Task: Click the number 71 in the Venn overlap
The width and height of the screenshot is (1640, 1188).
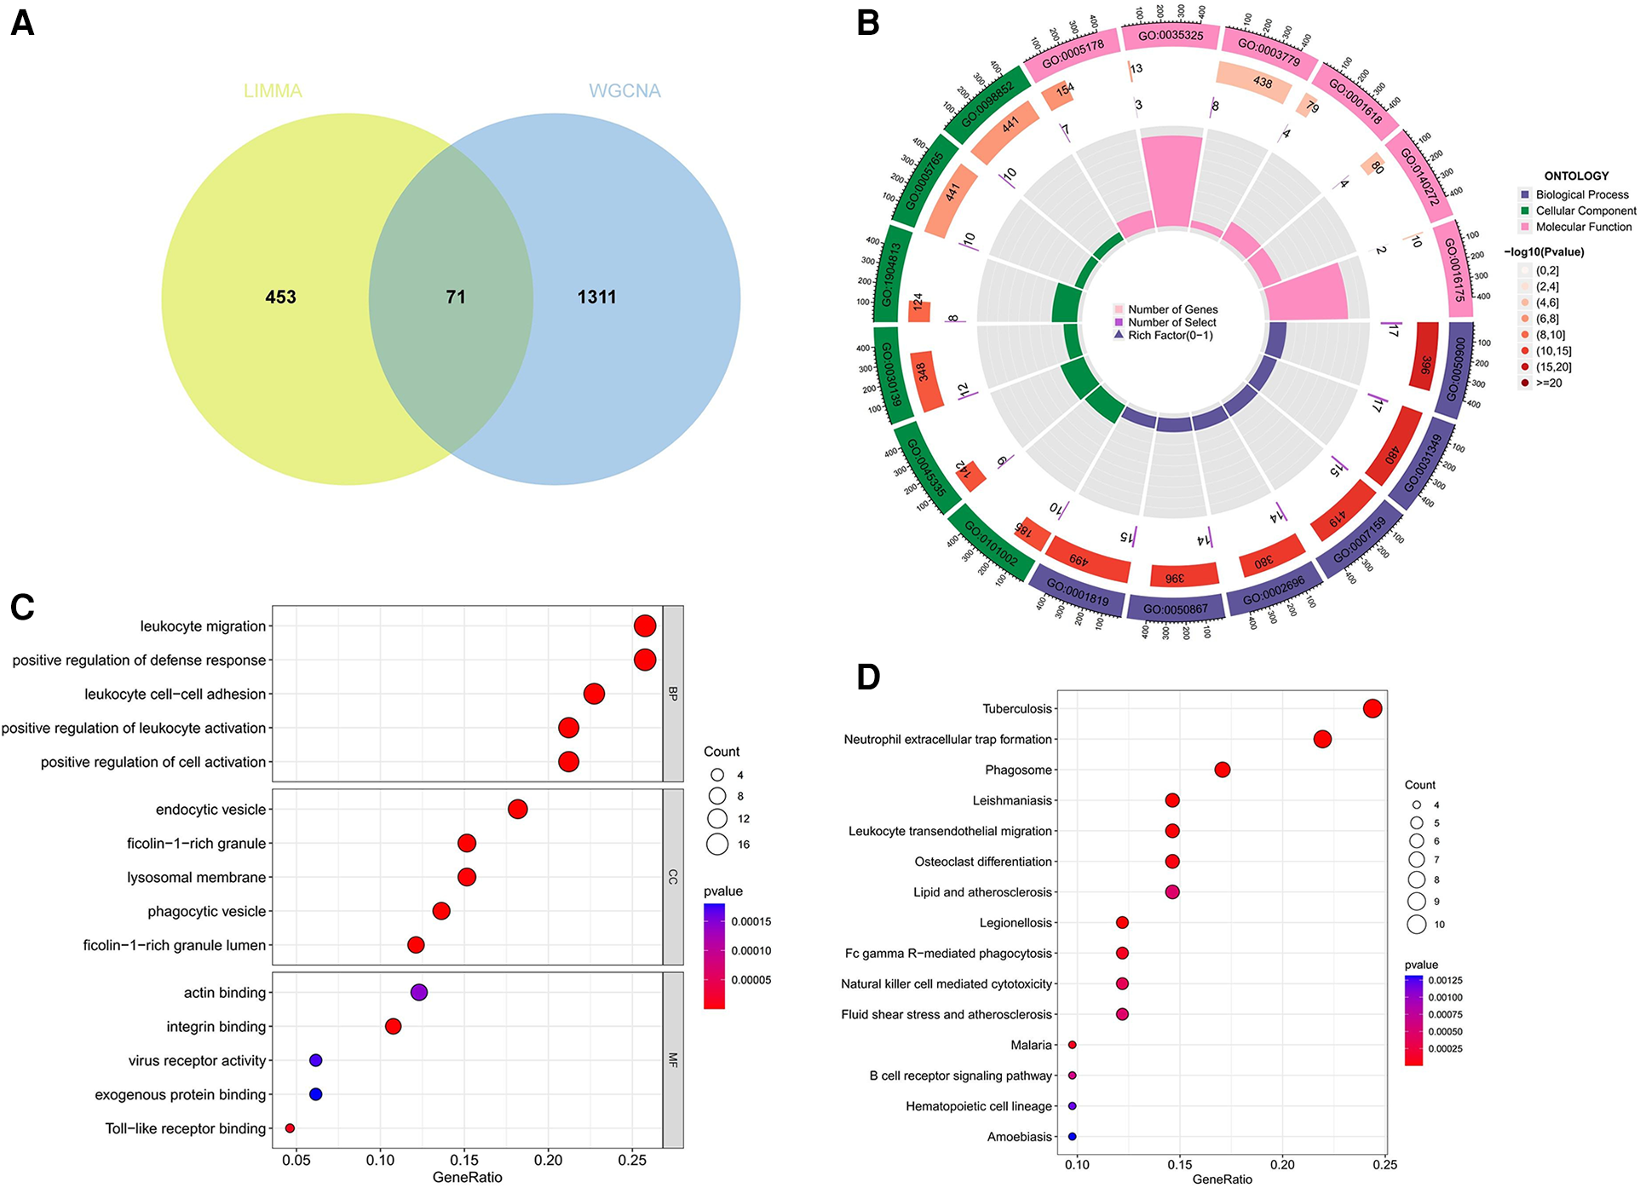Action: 456,297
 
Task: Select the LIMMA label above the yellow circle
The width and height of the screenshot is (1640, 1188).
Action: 273,91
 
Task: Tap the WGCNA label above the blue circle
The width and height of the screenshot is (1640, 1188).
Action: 624,91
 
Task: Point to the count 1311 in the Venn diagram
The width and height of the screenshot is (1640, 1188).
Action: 596,297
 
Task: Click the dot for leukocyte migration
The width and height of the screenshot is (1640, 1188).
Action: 645,626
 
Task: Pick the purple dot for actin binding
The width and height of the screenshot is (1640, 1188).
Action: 418,992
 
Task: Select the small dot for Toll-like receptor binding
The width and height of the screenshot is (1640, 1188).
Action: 290,1128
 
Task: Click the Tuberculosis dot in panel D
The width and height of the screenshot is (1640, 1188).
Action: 1372,708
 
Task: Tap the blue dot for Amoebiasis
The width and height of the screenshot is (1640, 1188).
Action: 1073,1136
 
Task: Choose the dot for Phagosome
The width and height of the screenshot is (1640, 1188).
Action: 1223,770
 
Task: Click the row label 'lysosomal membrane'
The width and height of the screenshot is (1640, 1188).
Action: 197,877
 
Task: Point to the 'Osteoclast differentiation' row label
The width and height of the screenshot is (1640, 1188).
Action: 983,862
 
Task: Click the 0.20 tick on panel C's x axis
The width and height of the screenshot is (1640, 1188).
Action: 548,1160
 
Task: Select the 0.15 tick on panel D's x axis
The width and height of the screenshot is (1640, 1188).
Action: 1180,1165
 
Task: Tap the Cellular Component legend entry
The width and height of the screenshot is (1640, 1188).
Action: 1585,210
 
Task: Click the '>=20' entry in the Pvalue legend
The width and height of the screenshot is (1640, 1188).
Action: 1549,383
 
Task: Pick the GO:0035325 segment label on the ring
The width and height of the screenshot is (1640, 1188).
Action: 1171,36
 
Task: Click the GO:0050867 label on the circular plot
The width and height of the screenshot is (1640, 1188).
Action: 1175,609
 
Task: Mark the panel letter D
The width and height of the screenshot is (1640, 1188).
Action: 868,677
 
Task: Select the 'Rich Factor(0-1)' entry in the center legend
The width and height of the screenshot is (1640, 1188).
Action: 1170,335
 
